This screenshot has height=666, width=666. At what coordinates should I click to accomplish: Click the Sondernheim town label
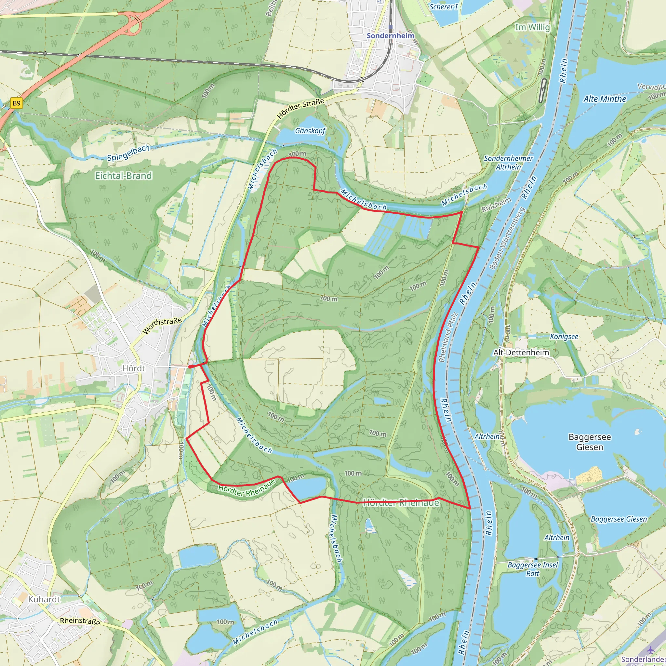pos(390,35)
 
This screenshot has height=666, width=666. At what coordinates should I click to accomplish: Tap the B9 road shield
pos(17,103)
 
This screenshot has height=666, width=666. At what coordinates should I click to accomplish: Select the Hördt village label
pos(134,368)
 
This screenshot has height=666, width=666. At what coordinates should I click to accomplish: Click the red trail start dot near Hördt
pos(190,367)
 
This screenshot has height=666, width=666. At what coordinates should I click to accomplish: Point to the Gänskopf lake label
pos(310,131)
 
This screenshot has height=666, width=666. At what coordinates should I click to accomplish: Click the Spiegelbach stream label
pos(128,153)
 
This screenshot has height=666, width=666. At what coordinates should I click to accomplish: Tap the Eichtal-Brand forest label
pos(123,176)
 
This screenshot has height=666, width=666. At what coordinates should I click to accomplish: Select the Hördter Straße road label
pos(300,109)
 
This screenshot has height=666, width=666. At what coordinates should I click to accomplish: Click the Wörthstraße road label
pos(162,326)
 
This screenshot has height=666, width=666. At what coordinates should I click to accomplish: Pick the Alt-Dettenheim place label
pos(521,353)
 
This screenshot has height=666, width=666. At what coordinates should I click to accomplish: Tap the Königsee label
pos(564,337)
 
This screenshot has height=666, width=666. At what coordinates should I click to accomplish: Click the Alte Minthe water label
pos(605,99)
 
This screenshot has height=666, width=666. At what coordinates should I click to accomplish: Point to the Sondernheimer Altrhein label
pos(508,162)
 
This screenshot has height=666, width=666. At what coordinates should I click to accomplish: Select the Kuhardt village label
pos(44,599)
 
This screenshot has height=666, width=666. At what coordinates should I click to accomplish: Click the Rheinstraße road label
pos(80,621)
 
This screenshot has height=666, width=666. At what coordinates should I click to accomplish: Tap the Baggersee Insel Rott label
pos(533,569)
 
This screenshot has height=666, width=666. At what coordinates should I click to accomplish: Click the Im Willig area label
pos(532,27)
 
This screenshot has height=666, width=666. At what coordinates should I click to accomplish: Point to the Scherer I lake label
pos(443,7)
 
